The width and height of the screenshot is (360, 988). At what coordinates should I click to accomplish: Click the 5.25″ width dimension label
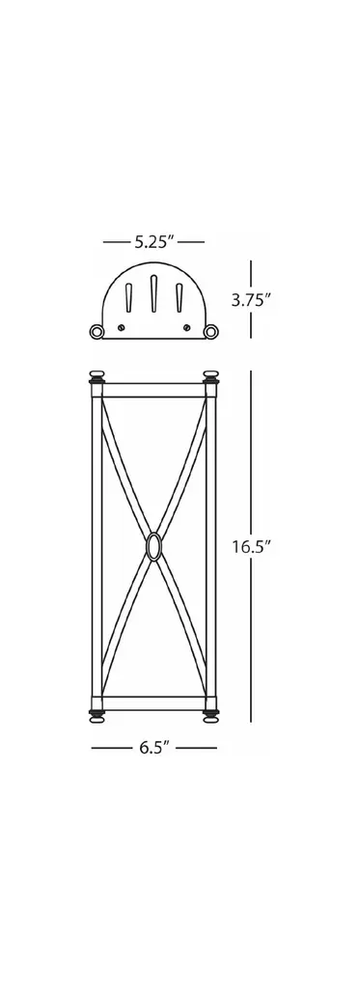click(153, 242)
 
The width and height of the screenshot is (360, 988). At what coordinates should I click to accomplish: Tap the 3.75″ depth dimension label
click(251, 300)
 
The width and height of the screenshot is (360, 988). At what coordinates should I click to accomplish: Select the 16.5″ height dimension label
click(251, 546)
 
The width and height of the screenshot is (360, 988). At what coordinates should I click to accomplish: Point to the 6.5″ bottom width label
click(154, 748)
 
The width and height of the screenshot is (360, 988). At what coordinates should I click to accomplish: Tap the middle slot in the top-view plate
click(153, 293)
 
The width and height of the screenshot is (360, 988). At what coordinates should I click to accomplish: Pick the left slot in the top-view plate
click(128, 297)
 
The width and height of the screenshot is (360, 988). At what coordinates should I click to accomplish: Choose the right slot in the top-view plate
click(180, 297)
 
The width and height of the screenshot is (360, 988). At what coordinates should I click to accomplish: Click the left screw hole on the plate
click(121, 327)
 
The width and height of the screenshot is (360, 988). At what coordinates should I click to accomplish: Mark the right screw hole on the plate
click(186, 327)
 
